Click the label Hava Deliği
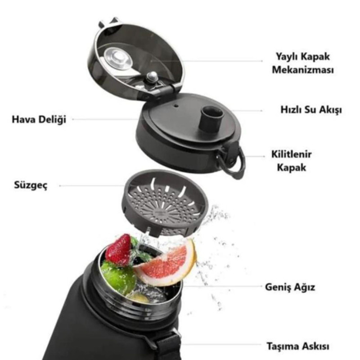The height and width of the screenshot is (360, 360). pos(39,120)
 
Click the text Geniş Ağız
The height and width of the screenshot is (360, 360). pos(290,287)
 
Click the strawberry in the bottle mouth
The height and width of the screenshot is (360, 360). pos(118,250)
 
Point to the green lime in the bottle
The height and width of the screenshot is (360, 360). pos(117,277)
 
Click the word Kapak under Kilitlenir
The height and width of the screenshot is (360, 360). pos(295,167)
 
